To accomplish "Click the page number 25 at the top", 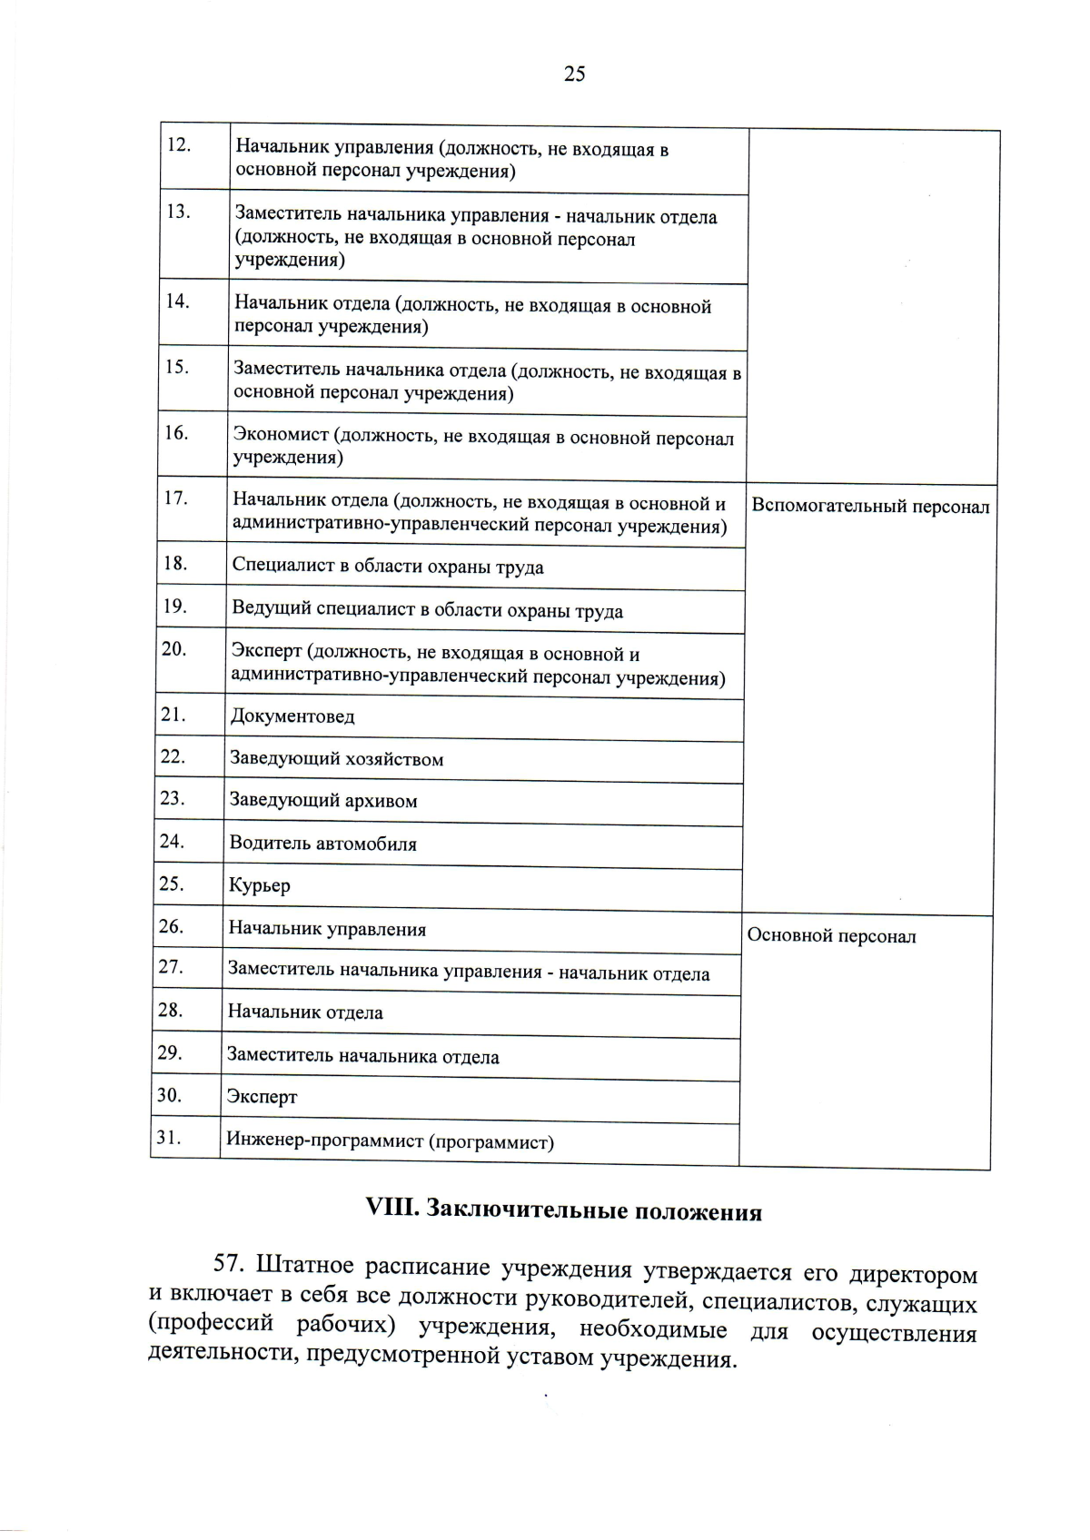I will click(x=574, y=74).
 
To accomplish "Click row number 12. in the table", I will click(x=178, y=145).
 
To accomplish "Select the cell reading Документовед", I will click(x=292, y=716).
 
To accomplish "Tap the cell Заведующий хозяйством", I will click(x=336, y=759).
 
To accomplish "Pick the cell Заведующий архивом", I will click(x=322, y=801).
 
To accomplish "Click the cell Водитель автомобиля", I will click(x=322, y=844).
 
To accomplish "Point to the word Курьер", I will click(x=259, y=885).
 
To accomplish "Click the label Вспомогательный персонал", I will click(x=869, y=507).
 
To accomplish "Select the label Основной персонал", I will click(x=830, y=936).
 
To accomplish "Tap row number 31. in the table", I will click(x=169, y=1137).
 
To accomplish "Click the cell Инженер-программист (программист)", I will click(x=390, y=1141).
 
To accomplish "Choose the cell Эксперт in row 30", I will click(x=262, y=1097).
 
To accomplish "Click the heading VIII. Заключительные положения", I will click(x=562, y=1210).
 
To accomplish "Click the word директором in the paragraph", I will click(x=912, y=1274).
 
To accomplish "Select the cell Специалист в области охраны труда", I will click(x=387, y=568).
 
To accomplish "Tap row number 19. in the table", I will click(x=174, y=606).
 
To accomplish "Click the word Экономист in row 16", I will click(x=281, y=436).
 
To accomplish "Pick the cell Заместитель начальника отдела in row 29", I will click(x=362, y=1057).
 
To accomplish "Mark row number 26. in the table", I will click(x=171, y=926).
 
